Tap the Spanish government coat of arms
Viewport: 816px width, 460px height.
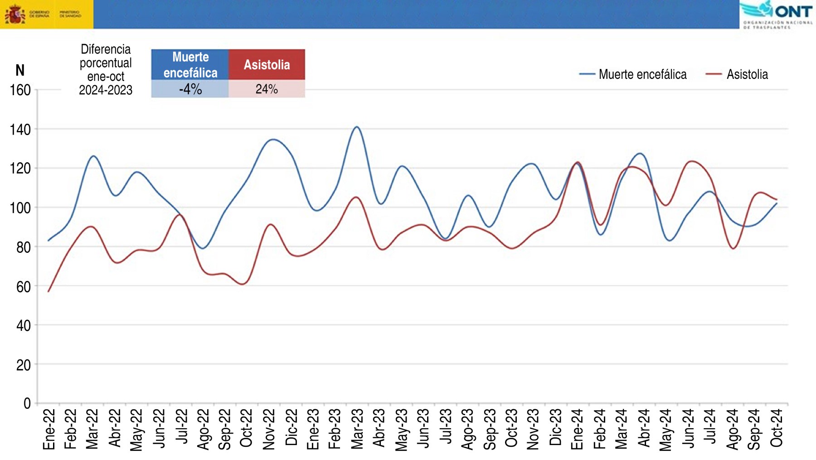click(15, 14)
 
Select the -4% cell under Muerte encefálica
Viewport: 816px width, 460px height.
click(190, 89)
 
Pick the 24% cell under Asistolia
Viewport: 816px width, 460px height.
click(267, 89)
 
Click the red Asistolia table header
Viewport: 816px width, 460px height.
click(267, 64)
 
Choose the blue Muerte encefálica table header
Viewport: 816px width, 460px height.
click(190, 64)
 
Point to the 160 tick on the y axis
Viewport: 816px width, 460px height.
click(20, 90)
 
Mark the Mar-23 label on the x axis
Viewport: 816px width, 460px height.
click(357, 429)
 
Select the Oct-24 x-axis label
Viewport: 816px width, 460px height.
click(777, 429)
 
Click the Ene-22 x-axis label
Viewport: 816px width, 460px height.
click(49, 429)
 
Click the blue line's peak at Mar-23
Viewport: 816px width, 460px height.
click(357, 127)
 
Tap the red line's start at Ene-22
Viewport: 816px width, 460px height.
click(49, 291)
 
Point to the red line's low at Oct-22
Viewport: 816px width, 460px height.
click(243, 284)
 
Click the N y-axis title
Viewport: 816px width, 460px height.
click(20, 70)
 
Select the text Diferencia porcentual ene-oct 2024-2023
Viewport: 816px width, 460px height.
click(106, 69)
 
